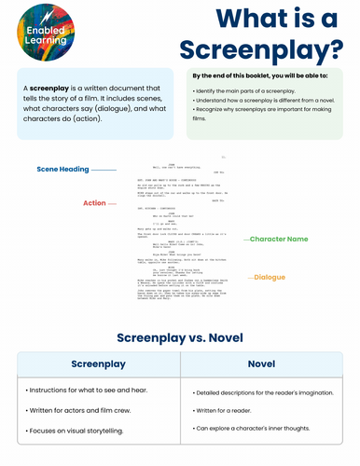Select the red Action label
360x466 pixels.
pyautogui.click(x=94, y=202)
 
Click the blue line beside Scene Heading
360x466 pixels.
pyautogui.click(x=104, y=170)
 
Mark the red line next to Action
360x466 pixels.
pyautogui.click(x=112, y=202)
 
